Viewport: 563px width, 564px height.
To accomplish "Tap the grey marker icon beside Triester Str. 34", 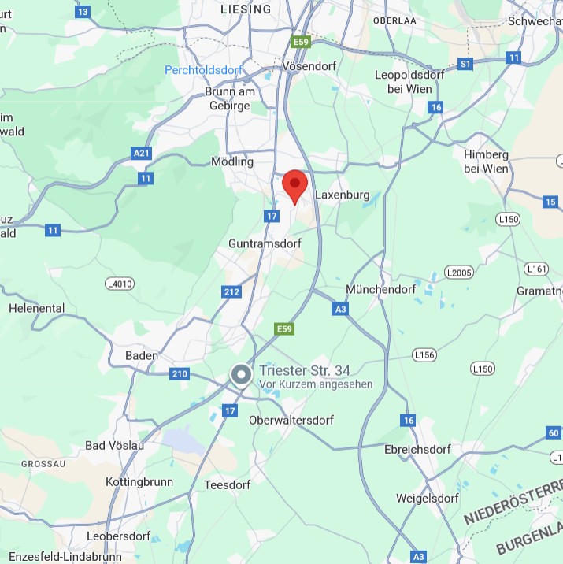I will pos(241,374).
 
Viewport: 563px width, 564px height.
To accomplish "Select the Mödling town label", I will pos(232,161).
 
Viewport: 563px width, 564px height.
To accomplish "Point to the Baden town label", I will pos(142,356).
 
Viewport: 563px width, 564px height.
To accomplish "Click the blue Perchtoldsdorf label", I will pos(204,70).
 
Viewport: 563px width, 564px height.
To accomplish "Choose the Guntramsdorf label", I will pos(265,244).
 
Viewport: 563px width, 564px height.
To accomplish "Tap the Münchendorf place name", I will pos(380,289).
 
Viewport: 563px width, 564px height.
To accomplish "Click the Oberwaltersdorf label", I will pos(291,421).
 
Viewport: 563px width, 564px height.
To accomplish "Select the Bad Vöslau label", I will pos(115,446).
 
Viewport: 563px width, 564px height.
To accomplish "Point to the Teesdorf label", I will pos(227,485).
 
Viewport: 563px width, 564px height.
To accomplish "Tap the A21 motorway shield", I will pos(141,154).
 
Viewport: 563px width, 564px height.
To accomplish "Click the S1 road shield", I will pos(465,63).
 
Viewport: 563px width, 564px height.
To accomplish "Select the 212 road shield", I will pos(231,292).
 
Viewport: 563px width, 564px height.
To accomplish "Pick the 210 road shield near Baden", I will pos(180,373).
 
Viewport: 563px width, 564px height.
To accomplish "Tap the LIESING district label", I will pos(246,9).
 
